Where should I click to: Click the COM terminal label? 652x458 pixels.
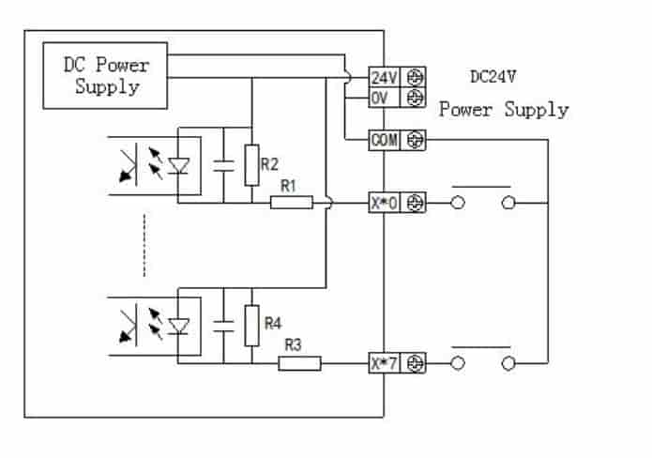click(x=385, y=140)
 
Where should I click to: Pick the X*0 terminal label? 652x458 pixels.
click(x=385, y=202)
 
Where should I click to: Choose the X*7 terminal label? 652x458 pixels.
click(x=385, y=362)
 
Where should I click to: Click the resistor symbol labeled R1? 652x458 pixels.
click(x=291, y=202)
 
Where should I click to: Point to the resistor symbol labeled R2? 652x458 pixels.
click(x=250, y=165)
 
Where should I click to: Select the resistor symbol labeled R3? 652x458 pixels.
click(x=299, y=362)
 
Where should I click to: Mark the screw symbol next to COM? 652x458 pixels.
click(x=415, y=140)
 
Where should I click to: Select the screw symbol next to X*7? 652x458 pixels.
click(x=415, y=362)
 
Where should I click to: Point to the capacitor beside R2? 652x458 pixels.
click(x=223, y=165)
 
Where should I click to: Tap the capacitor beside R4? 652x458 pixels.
click(x=223, y=326)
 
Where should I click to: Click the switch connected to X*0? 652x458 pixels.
click(x=483, y=200)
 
